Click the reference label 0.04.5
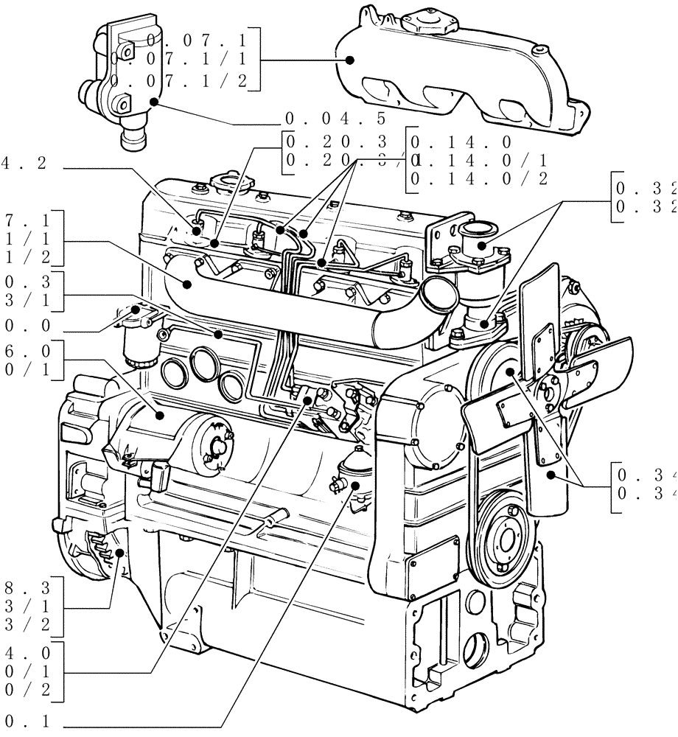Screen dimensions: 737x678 (x=335, y=119)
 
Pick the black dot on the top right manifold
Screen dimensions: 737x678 (x=351, y=60)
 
